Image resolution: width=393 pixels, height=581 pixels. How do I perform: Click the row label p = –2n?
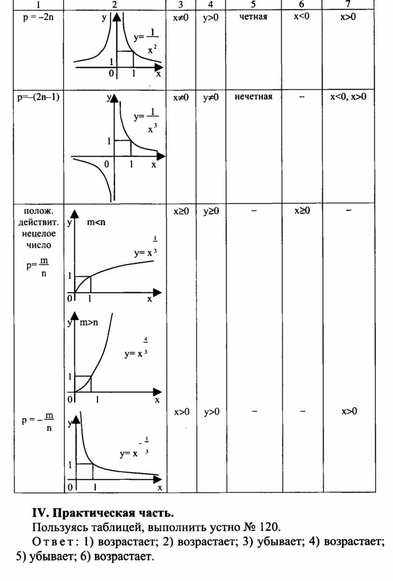[39, 18]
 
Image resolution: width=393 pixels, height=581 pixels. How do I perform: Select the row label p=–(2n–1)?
[39, 97]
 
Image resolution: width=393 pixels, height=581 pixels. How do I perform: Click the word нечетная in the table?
[253, 97]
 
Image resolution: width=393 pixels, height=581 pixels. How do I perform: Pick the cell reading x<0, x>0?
[348, 97]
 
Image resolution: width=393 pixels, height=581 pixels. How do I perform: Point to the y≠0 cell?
[211, 98]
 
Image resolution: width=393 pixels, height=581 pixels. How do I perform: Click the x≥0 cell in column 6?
[302, 211]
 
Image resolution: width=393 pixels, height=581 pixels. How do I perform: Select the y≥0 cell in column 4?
[211, 211]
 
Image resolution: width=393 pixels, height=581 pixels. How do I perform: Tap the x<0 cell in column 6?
[301, 17]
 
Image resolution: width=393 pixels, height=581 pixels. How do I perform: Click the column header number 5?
[253, 4]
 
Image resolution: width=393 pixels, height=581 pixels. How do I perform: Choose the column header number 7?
[348, 4]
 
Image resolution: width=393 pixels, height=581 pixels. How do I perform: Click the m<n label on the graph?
[96, 222]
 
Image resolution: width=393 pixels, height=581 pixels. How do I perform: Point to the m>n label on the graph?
[89, 323]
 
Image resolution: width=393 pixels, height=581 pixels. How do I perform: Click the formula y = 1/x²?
[146, 41]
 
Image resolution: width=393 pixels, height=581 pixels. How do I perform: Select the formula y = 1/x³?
[146, 121]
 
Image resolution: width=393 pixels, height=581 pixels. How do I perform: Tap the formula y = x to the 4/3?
[136, 347]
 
